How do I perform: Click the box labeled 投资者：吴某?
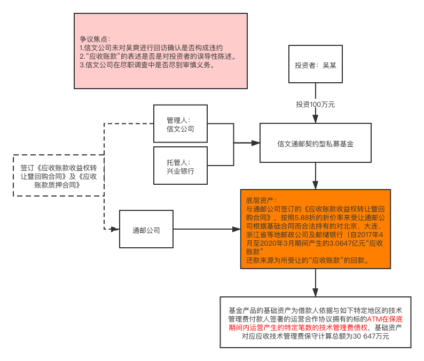coord(315,65)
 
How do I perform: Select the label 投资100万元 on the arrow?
coord(315,104)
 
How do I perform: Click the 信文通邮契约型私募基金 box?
coord(315,143)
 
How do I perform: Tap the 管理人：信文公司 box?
coord(180,124)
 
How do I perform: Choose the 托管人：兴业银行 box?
coord(180,166)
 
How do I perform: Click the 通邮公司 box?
coord(146,230)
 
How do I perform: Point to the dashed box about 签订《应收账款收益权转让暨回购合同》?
coord(58,176)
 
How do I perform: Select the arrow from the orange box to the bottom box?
coord(315,283)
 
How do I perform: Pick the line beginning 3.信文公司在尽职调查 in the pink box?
coord(147,65)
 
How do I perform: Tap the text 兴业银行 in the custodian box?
coord(180,171)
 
